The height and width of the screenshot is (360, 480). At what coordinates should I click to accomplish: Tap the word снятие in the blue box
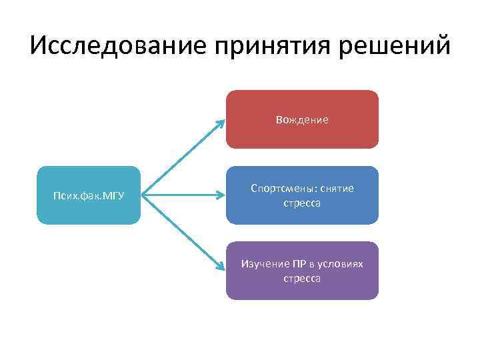[x=332, y=189]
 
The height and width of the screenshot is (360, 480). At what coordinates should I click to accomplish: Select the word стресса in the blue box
[x=302, y=203]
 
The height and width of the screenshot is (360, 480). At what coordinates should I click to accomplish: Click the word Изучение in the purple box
[x=263, y=265]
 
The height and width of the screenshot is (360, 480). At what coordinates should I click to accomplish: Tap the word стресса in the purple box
[x=302, y=279]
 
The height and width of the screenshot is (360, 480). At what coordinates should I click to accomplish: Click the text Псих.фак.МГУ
[x=89, y=196]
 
